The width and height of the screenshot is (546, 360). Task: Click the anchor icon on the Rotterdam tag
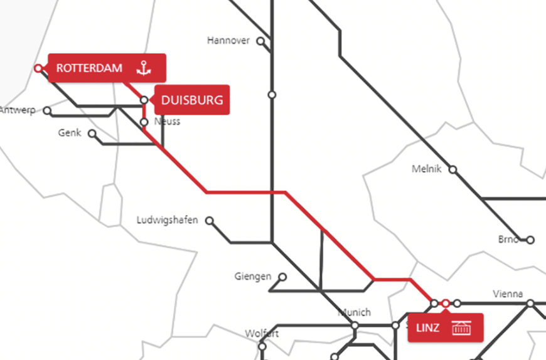tap(145, 68)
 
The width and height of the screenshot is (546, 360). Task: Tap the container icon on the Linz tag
tap(462, 327)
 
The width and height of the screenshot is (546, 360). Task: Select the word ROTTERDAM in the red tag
tap(89, 68)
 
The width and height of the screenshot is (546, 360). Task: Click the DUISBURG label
tap(191, 100)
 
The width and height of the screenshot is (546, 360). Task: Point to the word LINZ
tap(428, 327)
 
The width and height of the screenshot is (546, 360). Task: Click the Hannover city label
tap(228, 41)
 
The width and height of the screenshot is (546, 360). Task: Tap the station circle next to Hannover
tap(260, 42)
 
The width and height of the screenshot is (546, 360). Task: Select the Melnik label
tap(427, 169)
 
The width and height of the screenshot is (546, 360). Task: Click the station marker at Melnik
tap(452, 170)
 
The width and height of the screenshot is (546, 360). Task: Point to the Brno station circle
tap(530, 240)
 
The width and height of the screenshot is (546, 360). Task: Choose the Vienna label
tap(508, 294)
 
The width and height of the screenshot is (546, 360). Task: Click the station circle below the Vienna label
tap(530, 304)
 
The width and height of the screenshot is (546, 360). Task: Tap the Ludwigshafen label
tap(167, 220)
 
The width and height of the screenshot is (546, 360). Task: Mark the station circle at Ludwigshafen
tap(210, 221)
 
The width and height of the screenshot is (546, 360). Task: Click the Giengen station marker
tap(282, 277)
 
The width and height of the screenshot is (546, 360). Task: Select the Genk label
tap(69, 133)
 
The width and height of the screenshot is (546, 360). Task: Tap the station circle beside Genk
tap(92, 134)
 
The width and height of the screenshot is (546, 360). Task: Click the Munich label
tap(355, 312)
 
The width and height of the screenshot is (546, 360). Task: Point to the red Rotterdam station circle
tap(38, 68)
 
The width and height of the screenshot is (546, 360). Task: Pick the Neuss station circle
tap(144, 122)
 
